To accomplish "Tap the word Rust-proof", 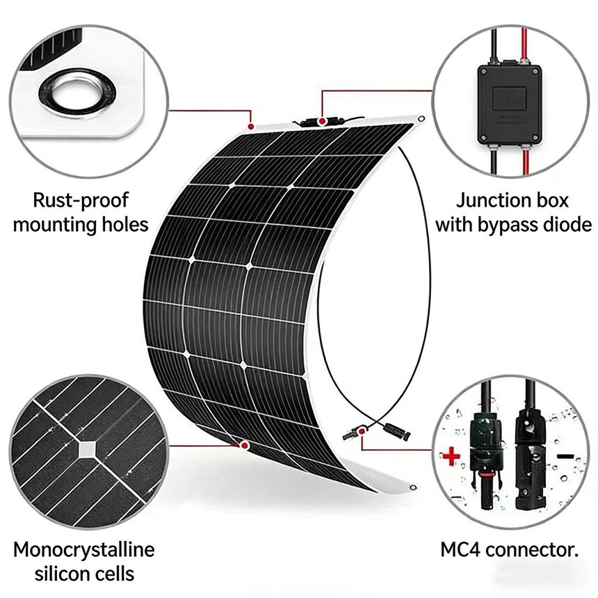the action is point(81,200).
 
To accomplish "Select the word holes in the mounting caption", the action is point(124,224).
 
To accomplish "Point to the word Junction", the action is point(489,200).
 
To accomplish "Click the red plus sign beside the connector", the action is point(451,456).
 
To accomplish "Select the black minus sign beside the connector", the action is point(565,456).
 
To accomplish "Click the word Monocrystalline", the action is point(84,550).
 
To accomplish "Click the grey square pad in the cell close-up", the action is point(88,450).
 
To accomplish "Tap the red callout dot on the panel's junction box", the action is point(322,121).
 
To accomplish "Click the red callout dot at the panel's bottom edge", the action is point(244,445).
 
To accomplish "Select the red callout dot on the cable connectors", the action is point(362,430).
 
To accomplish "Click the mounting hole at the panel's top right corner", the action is point(421,119).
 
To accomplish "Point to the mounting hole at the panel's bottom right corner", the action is point(412,487).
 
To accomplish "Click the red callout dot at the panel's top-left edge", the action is point(250,127).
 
